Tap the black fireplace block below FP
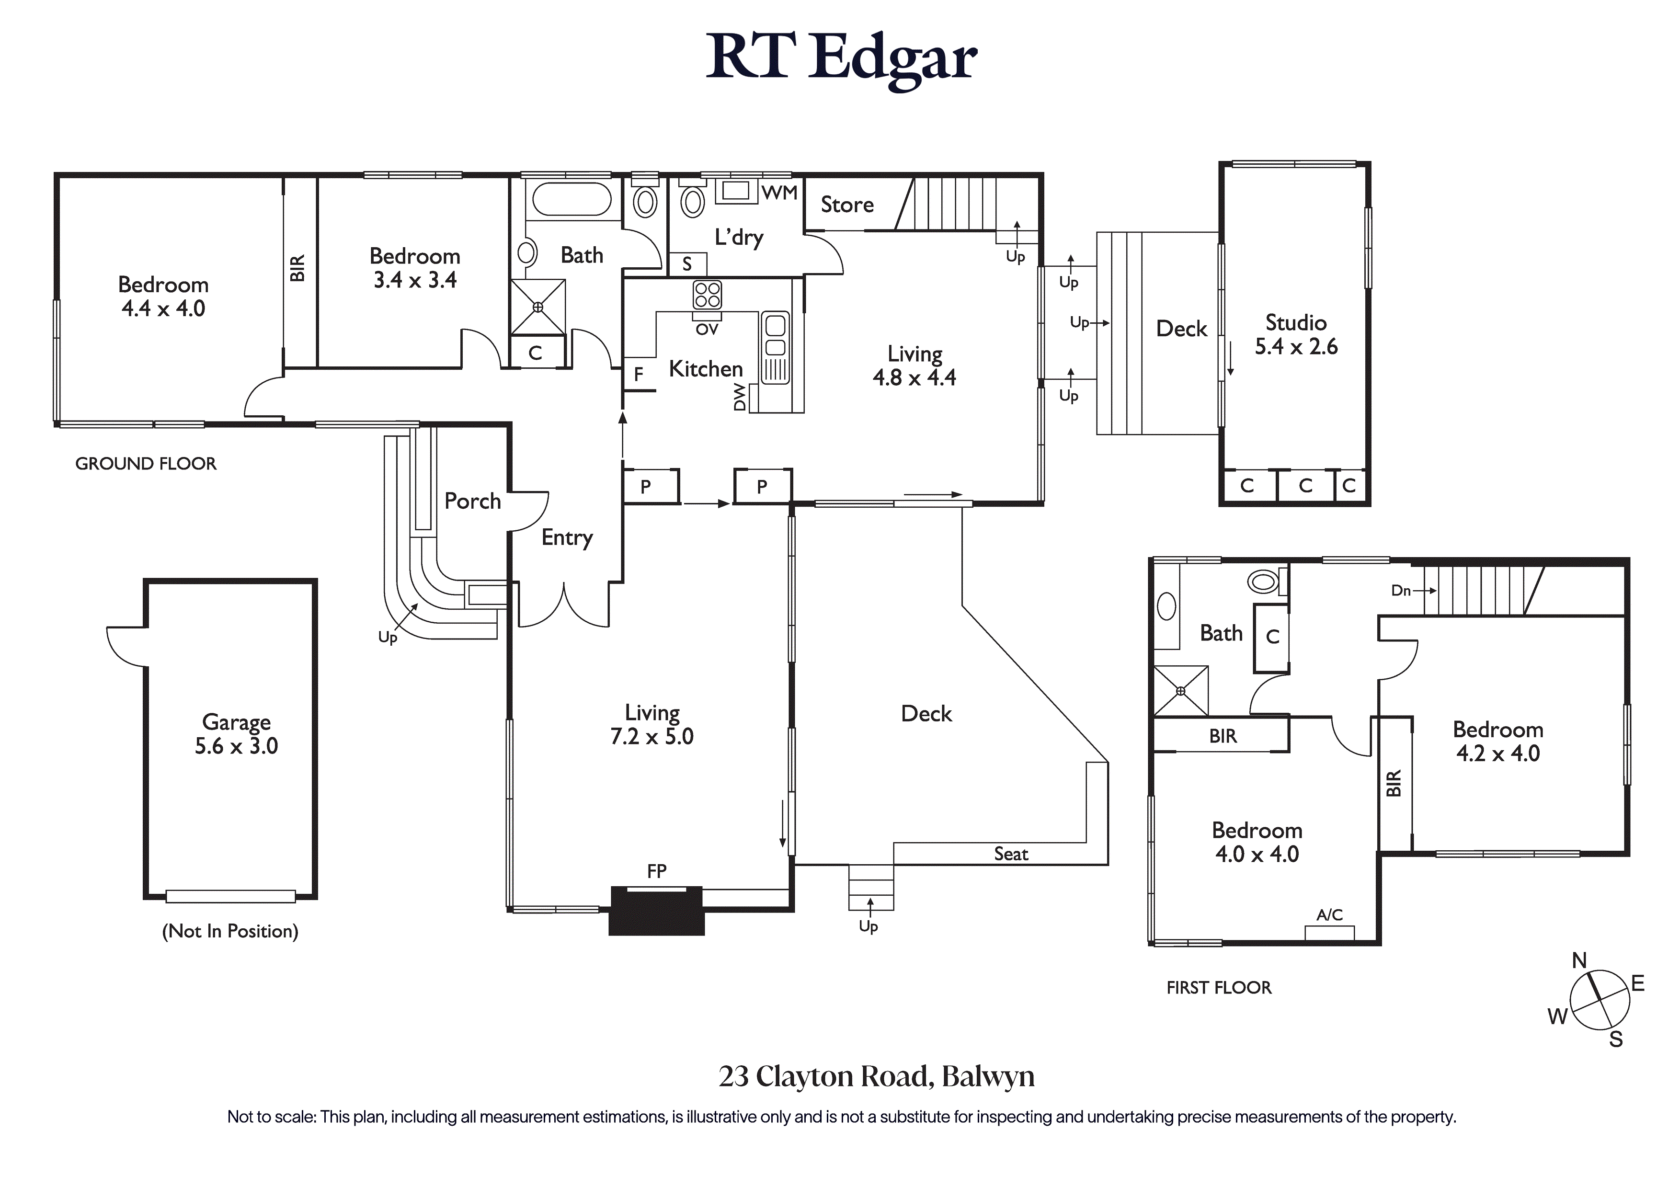[656, 911]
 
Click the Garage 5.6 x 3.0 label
[236, 734]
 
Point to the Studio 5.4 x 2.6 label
[1296, 334]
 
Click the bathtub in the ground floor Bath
[571, 198]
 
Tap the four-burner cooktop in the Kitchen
[707, 295]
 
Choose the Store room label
[846, 205]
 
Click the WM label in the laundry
[779, 193]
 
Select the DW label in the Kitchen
[740, 398]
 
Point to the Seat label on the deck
[1010, 854]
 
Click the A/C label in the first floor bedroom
[1329, 915]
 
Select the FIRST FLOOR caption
[1218, 988]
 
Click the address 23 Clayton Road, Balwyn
[876, 1076]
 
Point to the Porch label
[473, 502]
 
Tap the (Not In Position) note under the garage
[230, 931]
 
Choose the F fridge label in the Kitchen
[638, 375]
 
